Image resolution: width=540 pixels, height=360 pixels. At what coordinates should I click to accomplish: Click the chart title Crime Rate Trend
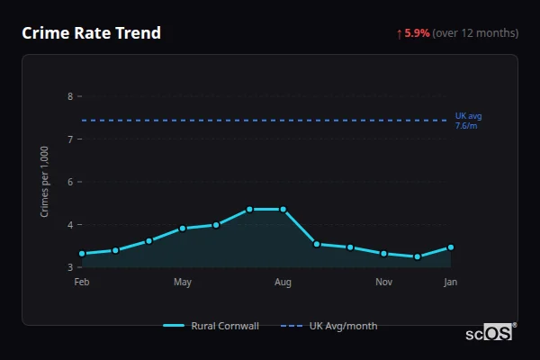[91, 33]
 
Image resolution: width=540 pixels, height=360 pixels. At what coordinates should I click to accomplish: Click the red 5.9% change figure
[417, 33]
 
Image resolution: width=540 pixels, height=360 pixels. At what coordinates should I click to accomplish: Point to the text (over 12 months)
[475, 33]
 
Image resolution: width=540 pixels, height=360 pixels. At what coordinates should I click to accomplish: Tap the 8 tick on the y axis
[70, 96]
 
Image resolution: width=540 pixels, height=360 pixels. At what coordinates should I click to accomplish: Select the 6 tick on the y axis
[70, 182]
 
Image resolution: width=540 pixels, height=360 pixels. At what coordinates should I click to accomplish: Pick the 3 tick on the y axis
[70, 267]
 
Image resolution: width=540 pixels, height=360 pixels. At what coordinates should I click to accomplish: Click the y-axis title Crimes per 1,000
[44, 182]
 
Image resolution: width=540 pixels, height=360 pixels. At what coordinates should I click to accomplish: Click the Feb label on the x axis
[82, 283]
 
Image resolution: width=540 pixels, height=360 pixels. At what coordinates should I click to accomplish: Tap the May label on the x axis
[183, 283]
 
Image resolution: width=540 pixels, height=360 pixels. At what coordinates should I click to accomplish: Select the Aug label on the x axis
[283, 283]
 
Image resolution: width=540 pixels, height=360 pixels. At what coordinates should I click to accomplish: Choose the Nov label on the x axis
[383, 283]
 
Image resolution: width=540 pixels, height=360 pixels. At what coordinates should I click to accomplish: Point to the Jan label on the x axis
[450, 283]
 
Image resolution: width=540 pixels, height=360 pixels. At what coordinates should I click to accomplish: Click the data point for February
[82, 254]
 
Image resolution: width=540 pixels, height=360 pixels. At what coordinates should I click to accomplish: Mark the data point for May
[183, 229]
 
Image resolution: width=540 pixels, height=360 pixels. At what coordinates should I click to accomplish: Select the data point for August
[283, 209]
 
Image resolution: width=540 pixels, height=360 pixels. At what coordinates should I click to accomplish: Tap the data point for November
[383, 254]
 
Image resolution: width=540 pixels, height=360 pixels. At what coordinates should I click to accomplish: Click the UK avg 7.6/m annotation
[468, 121]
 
